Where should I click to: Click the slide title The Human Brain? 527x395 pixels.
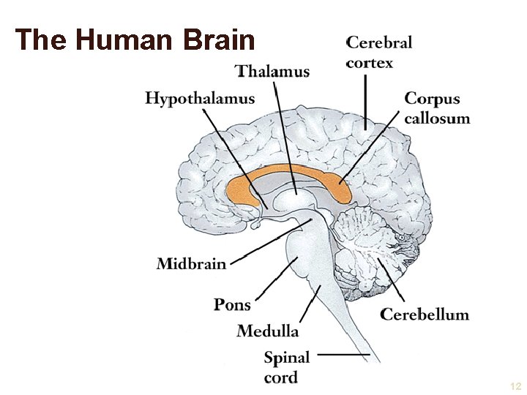tap(135, 39)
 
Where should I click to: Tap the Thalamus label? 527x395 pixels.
tap(273, 71)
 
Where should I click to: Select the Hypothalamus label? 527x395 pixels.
tap(200, 99)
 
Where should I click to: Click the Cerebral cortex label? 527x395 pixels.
tap(379, 52)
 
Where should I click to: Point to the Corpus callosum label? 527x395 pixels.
tap(437, 108)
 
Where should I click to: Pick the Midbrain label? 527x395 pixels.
tap(192, 263)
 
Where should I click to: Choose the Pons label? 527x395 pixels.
tap(232, 304)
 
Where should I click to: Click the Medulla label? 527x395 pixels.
tap(268, 331)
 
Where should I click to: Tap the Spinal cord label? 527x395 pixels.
tap(286, 367)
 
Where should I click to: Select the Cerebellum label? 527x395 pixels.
tap(425, 315)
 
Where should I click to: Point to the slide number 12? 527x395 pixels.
tap(515, 385)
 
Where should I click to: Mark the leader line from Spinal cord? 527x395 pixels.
tap(344, 356)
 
